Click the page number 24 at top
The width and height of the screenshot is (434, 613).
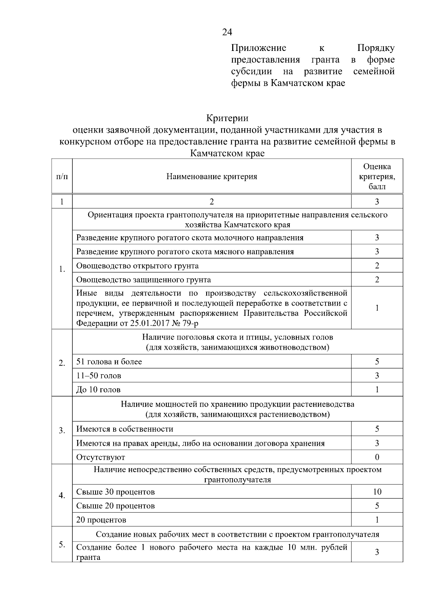pyautogui.click(x=227, y=33)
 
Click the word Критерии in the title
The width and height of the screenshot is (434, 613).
pyautogui.click(x=227, y=118)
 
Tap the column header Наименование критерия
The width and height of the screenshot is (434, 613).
pyautogui.click(x=212, y=176)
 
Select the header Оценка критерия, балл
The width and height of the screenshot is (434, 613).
pyautogui.click(x=377, y=176)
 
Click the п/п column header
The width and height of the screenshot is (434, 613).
pyautogui.click(x=62, y=176)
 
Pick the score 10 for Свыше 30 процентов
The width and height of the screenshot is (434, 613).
pyautogui.click(x=377, y=492)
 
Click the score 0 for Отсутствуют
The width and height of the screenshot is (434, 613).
pyautogui.click(x=377, y=457)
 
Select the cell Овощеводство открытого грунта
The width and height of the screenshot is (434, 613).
pyautogui.click(x=137, y=266)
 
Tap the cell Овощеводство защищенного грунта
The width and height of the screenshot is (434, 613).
pyautogui.click(x=144, y=280)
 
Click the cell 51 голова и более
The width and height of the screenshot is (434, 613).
pyautogui.click(x=109, y=362)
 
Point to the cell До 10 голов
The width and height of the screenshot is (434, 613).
pyautogui.click(x=98, y=390)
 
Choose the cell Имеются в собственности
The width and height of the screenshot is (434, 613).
pyautogui.click(x=125, y=429)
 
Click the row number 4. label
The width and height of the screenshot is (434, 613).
pyautogui.click(x=62, y=495)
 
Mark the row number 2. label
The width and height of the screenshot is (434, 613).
pyautogui.click(x=62, y=363)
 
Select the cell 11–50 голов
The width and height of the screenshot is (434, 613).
pyautogui.click(x=99, y=376)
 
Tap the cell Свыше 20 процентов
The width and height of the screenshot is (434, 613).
pyautogui.click(x=115, y=506)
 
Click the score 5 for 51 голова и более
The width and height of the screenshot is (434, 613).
pyautogui.click(x=377, y=362)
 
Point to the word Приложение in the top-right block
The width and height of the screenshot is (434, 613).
pyautogui.click(x=259, y=48)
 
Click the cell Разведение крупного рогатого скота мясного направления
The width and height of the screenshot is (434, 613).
pyautogui.click(x=185, y=252)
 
